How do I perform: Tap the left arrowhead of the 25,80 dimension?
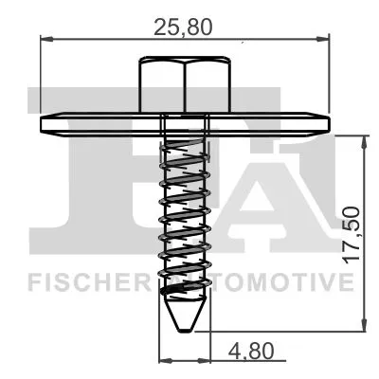coord(45,40)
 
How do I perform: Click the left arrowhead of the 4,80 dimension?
coord(162,361)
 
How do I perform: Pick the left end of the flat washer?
coord(42,123)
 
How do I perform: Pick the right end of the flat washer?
coord(334,123)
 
